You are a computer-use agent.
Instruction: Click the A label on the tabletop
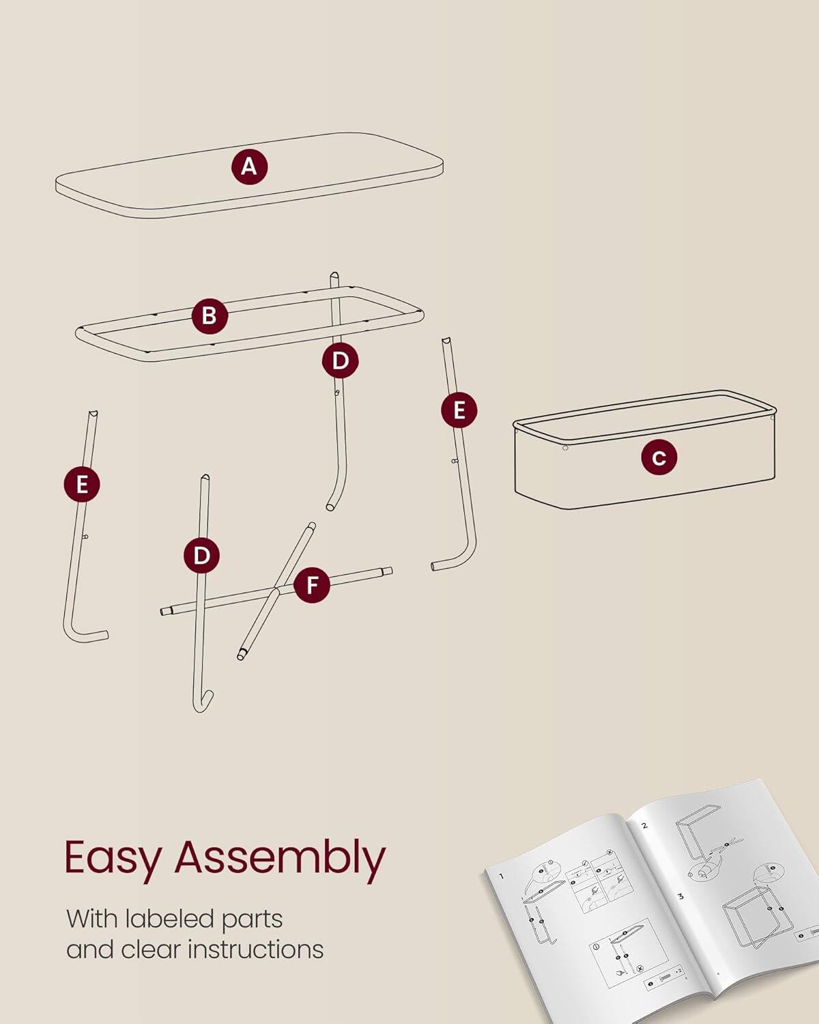(249, 167)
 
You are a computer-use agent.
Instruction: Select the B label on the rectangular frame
(209, 316)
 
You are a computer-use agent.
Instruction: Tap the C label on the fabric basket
(659, 457)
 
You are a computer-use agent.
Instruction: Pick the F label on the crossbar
(312, 585)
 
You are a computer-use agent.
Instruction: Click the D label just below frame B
(340, 360)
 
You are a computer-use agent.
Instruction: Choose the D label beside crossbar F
(201, 556)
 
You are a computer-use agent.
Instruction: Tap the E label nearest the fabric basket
(459, 410)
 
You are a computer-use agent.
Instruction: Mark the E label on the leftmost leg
(82, 485)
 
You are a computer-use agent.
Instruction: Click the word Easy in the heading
(113, 858)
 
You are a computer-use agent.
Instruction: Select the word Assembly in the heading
(280, 858)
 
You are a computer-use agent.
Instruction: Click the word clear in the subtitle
(150, 950)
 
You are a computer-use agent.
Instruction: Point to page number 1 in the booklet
(501, 876)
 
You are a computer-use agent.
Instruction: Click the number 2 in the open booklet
(644, 825)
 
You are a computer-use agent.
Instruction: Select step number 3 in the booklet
(680, 896)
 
